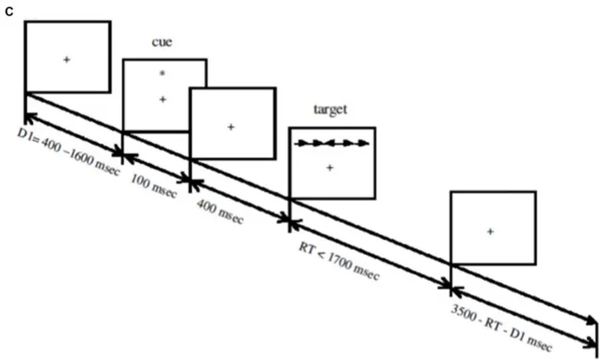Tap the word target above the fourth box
(x=331, y=110)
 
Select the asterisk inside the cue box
(x=163, y=75)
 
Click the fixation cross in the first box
(x=67, y=58)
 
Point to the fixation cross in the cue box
(x=163, y=99)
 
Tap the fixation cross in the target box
(x=330, y=168)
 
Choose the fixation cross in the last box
(x=490, y=232)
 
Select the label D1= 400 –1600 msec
(x=68, y=149)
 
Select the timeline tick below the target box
(x=289, y=219)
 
